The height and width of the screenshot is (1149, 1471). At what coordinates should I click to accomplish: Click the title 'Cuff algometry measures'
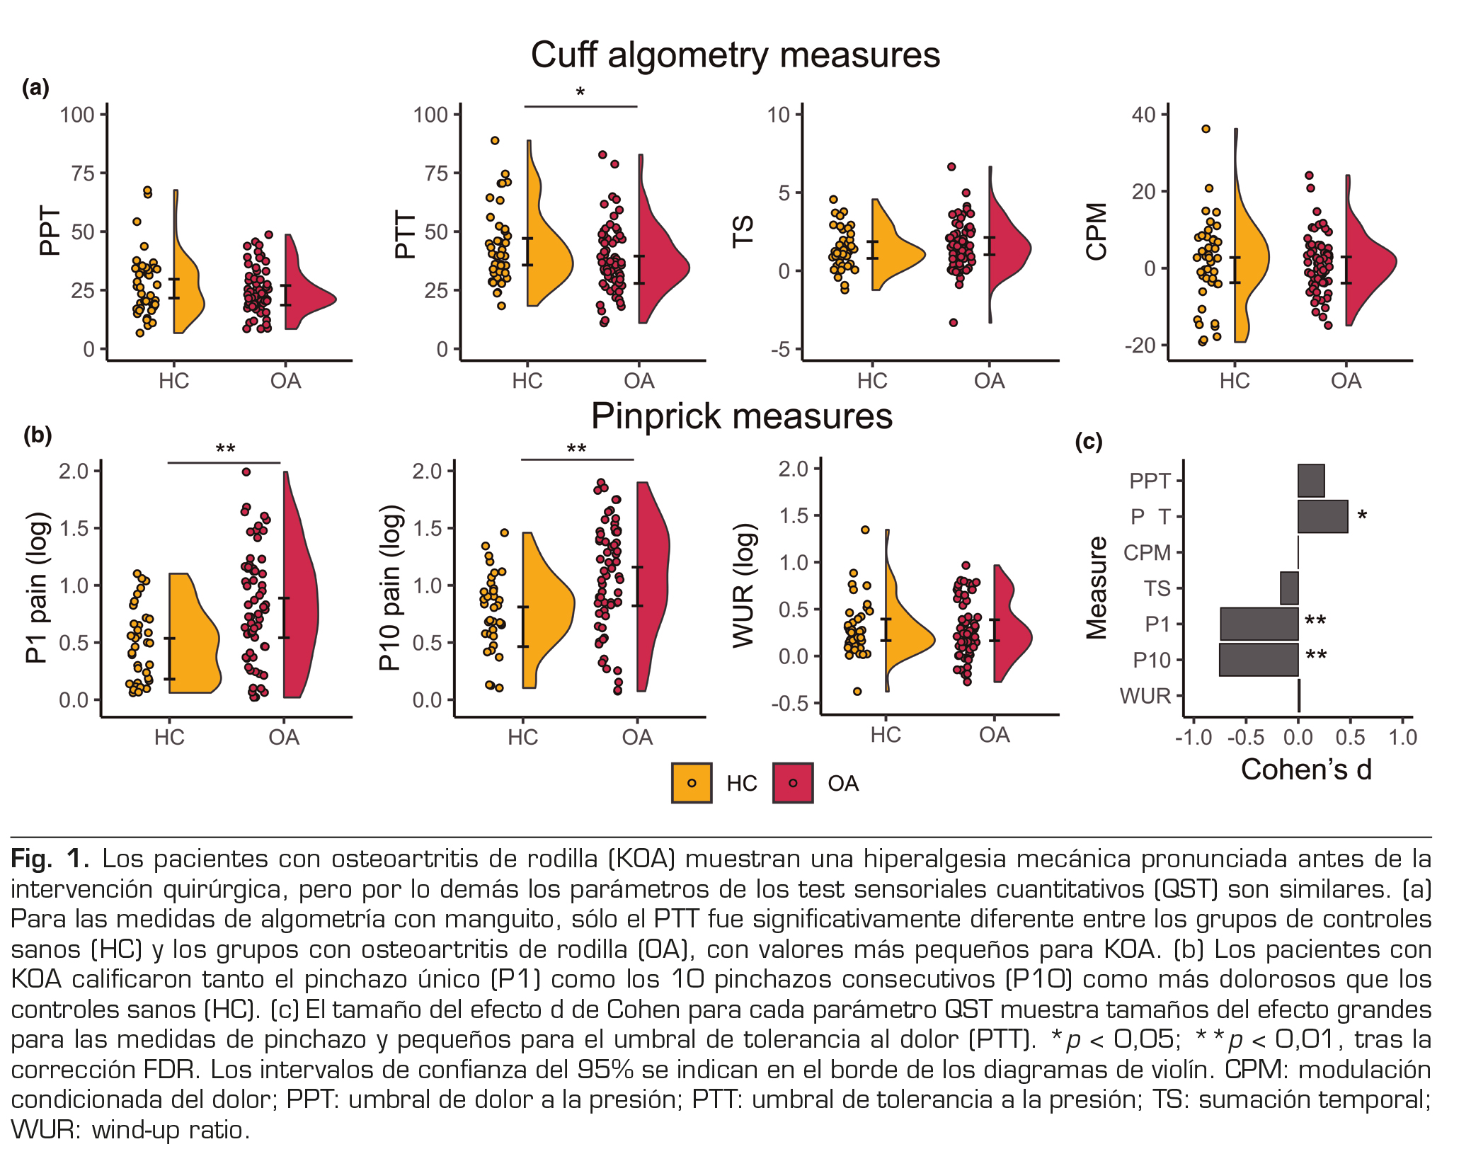[x=735, y=55]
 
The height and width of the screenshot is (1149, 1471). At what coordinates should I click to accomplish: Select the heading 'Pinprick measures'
[x=741, y=416]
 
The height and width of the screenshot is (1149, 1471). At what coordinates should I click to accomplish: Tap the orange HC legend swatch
[x=692, y=783]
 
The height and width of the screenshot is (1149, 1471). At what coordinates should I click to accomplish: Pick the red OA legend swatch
[x=793, y=783]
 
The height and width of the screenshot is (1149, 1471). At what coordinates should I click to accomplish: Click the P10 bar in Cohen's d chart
[x=1259, y=660]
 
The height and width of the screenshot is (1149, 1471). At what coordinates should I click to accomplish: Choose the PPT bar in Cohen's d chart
[x=1311, y=481]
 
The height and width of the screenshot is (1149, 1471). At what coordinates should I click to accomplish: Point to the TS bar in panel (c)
[x=1289, y=588]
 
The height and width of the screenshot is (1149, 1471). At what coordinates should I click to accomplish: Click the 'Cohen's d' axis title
[x=1306, y=770]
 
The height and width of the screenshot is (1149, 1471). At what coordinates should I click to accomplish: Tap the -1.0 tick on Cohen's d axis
[x=1194, y=738]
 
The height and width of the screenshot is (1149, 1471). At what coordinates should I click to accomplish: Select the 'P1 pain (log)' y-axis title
[x=38, y=587]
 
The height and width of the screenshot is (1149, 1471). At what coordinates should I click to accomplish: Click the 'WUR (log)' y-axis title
[x=744, y=585]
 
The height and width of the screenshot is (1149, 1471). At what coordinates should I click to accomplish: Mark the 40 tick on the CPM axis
[x=1143, y=115]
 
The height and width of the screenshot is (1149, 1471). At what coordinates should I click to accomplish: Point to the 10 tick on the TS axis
[x=779, y=115]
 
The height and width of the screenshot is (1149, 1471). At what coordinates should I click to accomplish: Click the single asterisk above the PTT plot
[x=580, y=93]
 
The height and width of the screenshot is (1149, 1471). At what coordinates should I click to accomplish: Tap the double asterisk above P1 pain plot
[x=225, y=450]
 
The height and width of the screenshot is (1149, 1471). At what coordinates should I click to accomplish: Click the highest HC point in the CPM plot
[x=1206, y=129]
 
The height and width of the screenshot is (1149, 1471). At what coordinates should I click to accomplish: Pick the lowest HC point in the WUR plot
[x=857, y=691]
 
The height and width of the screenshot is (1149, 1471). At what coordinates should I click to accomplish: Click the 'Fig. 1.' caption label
[x=50, y=859]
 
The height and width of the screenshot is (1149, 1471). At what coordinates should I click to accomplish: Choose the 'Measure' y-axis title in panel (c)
[x=1097, y=588]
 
